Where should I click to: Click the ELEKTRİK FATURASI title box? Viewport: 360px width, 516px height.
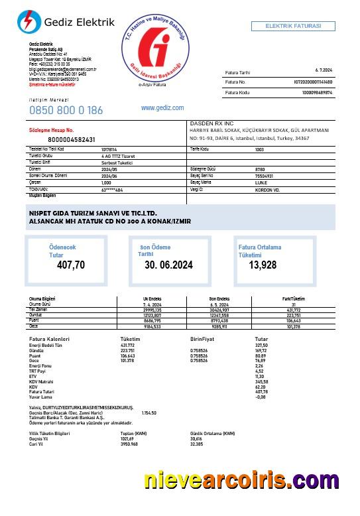click(292, 26)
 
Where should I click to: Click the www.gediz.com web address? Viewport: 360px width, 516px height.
click(162, 107)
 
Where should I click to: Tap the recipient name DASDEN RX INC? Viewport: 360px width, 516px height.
click(211, 123)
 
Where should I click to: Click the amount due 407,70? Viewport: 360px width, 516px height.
click(71, 265)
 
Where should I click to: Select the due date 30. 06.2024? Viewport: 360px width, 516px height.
click(168, 265)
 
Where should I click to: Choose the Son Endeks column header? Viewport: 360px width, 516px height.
click(219, 299)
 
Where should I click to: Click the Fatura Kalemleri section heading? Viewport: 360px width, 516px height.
click(50, 339)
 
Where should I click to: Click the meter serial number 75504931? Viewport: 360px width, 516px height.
click(265, 175)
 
